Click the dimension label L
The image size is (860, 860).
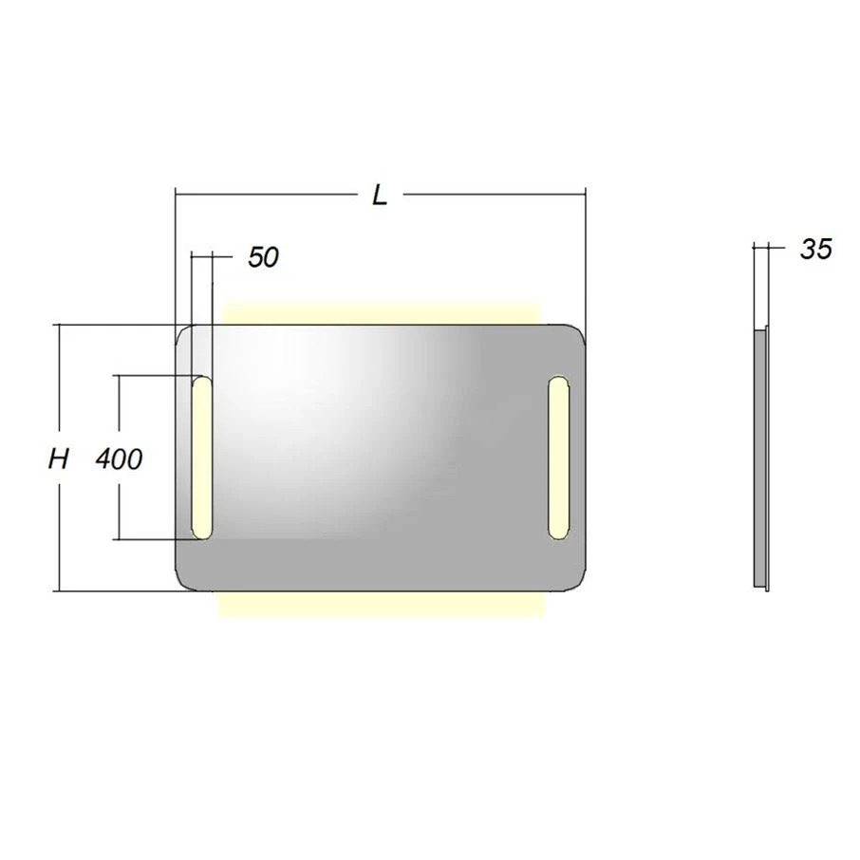click(x=380, y=196)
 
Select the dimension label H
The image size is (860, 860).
click(x=59, y=460)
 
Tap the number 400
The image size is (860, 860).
click(x=120, y=460)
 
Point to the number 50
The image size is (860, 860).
click(x=263, y=256)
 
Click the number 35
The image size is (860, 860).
click(x=815, y=250)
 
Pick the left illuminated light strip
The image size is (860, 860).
click(x=202, y=458)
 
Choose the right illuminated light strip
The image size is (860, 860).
click(x=558, y=458)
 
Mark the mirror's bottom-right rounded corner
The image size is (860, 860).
click(x=574, y=580)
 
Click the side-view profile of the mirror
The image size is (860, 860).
click(x=760, y=458)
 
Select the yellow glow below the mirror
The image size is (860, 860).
click(x=380, y=605)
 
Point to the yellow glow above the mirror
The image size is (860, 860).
click(x=380, y=313)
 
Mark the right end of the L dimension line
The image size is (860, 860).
click(x=585, y=195)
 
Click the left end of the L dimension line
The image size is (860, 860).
click(x=177, y=195)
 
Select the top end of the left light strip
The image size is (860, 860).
click(x=202, y=383)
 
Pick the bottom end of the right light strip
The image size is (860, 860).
click(x=558, y=533)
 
